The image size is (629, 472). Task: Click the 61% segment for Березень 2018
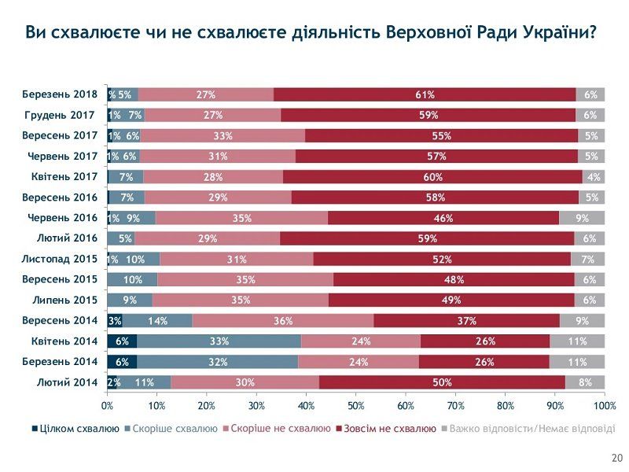(425, 94)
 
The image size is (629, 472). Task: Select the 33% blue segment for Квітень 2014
(219, 341)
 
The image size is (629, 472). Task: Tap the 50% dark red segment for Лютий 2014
(442, 382)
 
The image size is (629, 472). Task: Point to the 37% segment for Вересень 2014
(466, 320)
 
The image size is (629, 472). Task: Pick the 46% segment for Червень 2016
(443, 218)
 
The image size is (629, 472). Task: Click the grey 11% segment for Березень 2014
(577, 362)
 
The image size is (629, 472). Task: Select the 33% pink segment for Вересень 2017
(223, 135)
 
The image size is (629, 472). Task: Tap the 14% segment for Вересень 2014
(157, 320)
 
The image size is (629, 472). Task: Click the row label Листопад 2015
(60, 259)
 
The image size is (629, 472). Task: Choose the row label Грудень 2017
(60, 115)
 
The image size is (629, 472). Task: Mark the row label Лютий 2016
(67, 238)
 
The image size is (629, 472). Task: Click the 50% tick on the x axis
(356, 406)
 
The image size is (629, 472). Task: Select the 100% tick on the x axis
(604, 406)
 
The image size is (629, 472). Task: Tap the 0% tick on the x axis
(108, 406)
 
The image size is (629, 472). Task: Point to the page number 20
(616, 458)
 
